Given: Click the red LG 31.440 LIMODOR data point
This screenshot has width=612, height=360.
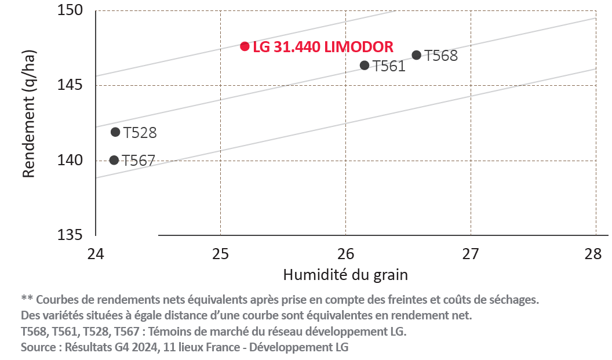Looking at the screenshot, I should pyautogui.click(x=245, y=46).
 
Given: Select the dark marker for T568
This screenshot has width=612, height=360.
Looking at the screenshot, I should pyautogui.click(x=416, y=55).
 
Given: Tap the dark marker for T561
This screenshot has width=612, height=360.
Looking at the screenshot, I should pyautogui.click(x=365, y=66).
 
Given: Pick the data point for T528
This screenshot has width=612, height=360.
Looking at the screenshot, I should pyautogui.click(x=115, y=132).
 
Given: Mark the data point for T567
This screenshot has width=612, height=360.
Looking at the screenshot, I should pyautogui.click(x=114, y=160).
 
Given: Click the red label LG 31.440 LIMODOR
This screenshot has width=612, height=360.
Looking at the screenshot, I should pyautogui.click(x=323, y=46).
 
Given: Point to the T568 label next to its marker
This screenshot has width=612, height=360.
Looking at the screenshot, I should pyautogui.click(x=441, y=56).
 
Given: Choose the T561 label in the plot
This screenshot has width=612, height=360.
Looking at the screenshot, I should pyautogui.click(x=388, y=66).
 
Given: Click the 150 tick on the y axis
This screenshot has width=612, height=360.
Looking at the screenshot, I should pyautogui.click(x=72, y=10).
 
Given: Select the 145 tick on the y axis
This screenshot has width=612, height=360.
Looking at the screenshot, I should pyautogui.click(x=72, y=85).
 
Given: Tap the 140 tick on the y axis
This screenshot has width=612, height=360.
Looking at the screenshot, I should pyautogui.click(x=72, y=160).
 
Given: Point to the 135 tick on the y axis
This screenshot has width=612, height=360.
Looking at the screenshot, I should pyautogui.click(x=72, y=235).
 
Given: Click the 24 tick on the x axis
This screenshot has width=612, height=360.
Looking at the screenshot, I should pyautogui.click(x=96, y=253).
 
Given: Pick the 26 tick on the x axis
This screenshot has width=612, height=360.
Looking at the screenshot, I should pyautogui.click(x=346, y=253).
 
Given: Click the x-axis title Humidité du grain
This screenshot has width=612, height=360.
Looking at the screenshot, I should pyautogui.click(x=345, y=275).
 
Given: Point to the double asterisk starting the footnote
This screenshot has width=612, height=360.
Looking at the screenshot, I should pyautogui.click(x=26, y=299).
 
